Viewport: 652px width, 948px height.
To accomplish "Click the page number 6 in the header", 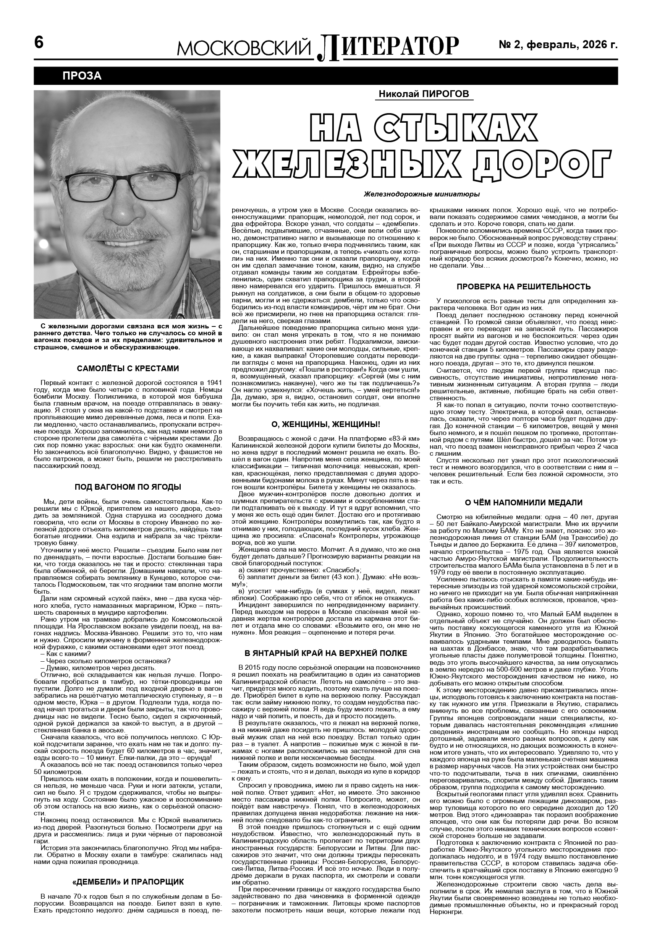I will click(x=39, y=42).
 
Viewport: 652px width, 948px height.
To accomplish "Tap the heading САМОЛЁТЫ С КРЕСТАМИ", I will click(x=128, y=368).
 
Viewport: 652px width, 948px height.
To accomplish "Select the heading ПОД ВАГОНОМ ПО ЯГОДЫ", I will click(x=128, y=487).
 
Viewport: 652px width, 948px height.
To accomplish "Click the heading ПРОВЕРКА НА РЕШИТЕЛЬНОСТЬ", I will click(x=524, y=287).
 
